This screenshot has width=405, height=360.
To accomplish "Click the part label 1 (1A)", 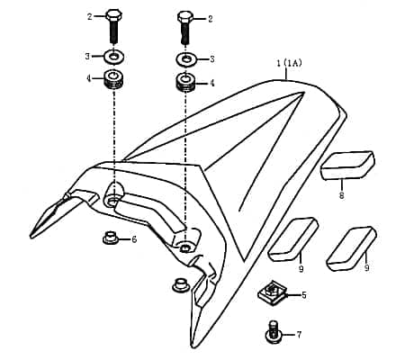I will pos(288,63).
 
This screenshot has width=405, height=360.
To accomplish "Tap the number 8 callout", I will pos(341,193).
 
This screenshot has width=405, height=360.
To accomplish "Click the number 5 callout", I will pos(303,294).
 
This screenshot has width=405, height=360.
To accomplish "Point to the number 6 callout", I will pos(134,239).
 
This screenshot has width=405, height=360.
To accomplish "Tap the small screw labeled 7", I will pos(273,330).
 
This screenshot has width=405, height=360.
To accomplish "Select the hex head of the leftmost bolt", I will pos(114,16).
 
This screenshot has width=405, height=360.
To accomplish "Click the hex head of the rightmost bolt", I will pos(184,17).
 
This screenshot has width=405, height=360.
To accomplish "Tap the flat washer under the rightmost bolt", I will pos(186,59).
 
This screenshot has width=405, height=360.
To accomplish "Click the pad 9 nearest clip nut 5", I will pos(292,237).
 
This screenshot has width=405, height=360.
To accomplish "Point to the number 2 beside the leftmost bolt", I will pos(89,16).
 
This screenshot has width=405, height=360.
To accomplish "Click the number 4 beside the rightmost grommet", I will pos(211,83).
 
